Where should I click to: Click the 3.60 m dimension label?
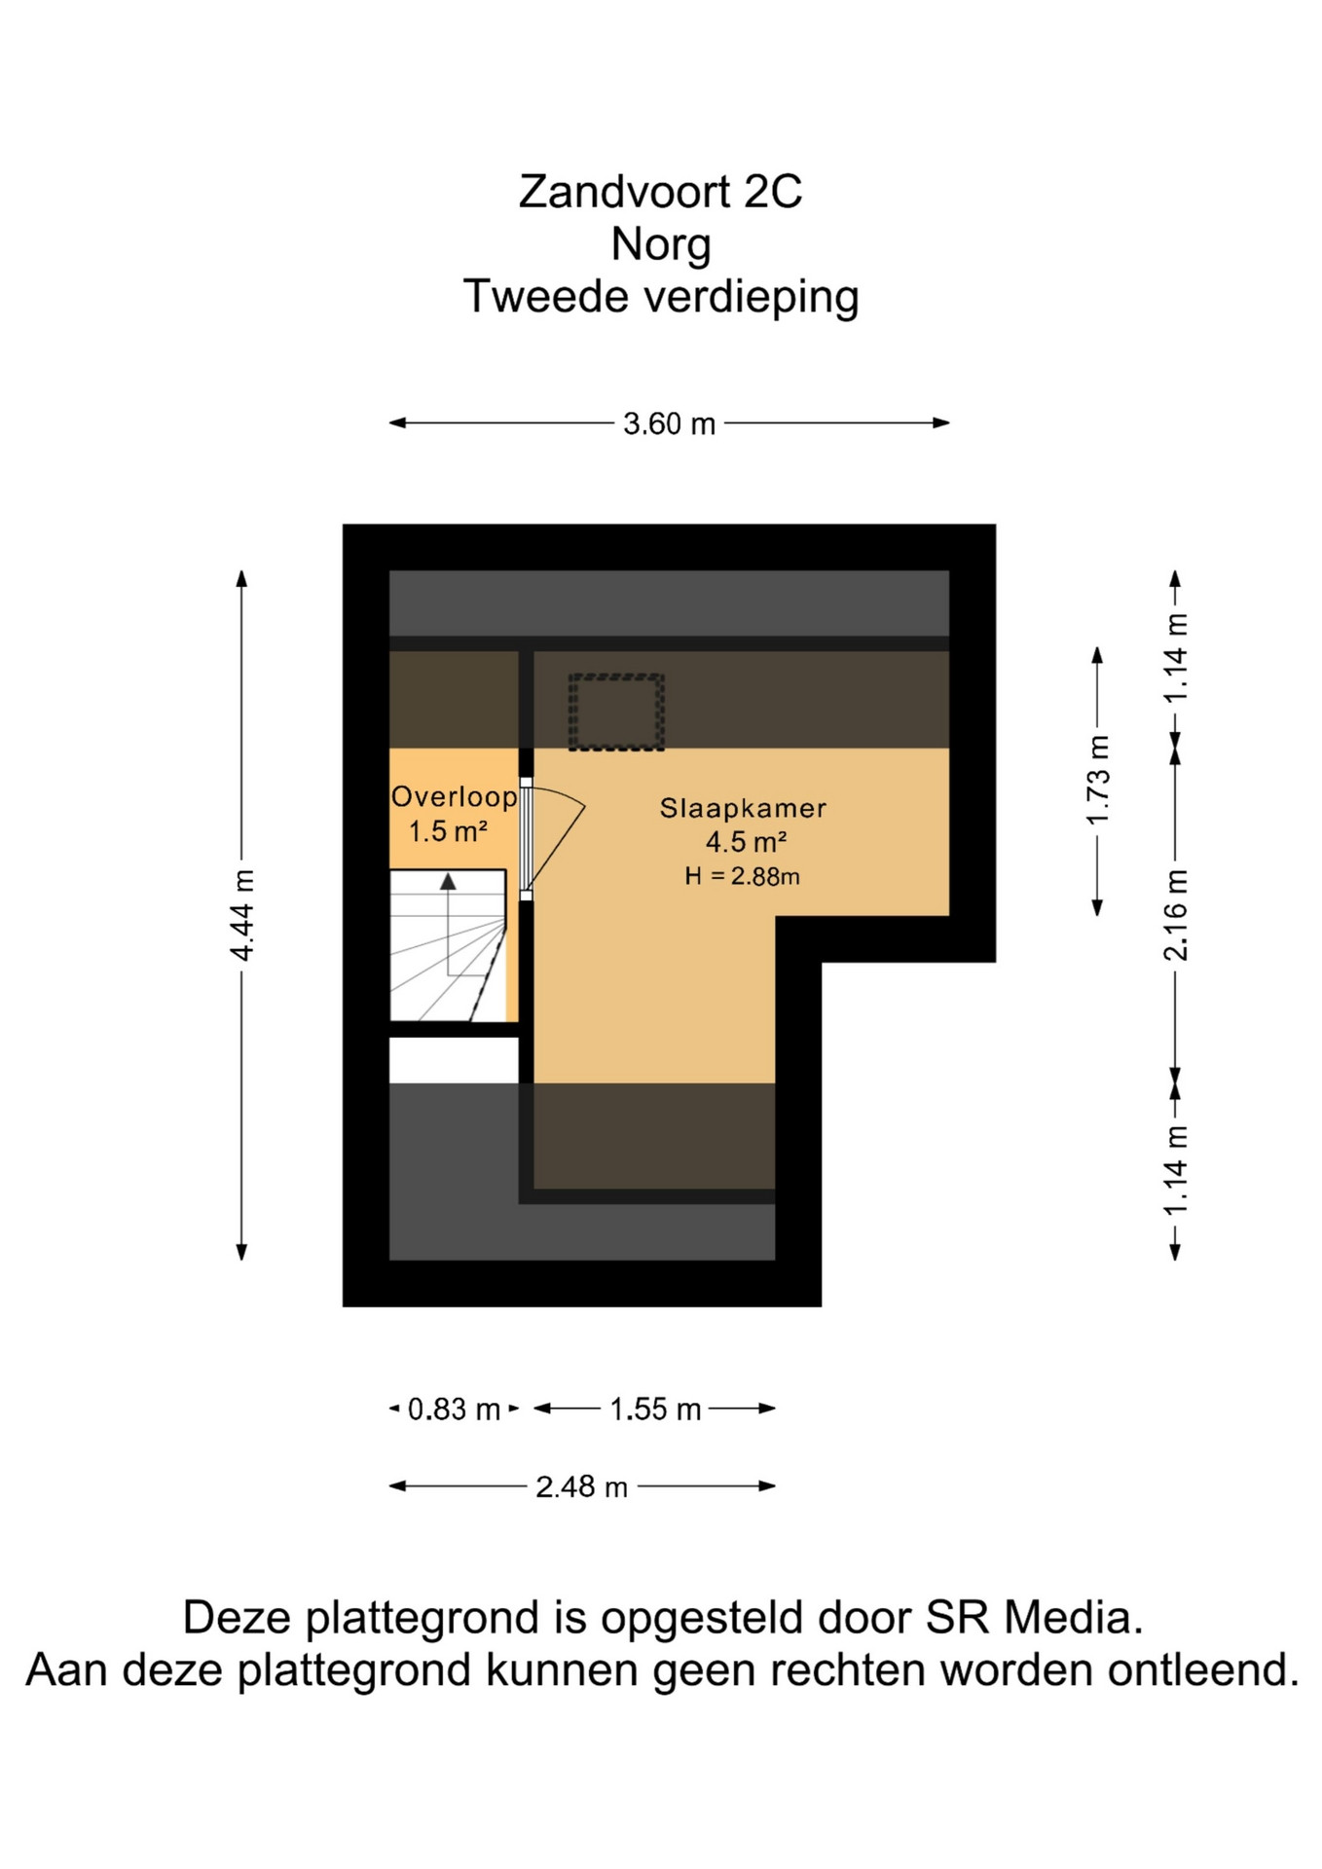click(669, 423)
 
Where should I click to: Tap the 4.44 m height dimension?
click(241, 915)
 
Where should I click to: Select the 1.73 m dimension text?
click(1097, 781)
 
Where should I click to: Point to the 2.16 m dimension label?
click(1175, 915)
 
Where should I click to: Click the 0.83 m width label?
click(454, 1409)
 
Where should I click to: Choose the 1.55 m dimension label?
click(655, 1409)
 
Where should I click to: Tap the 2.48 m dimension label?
click(581, 1486)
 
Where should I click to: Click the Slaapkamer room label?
click(743, 808)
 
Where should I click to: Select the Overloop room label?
click(454, 797)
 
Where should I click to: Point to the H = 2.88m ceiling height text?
click(742, 876)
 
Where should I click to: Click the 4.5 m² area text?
click(746, 842)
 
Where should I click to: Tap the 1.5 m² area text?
click(448, 831)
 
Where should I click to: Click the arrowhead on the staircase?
click(448, 882)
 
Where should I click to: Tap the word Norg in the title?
click(661, 244)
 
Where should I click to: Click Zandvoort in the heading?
click(625, 192)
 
